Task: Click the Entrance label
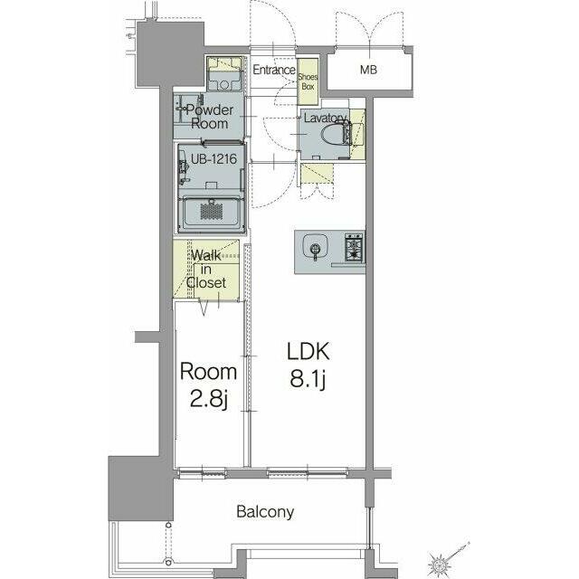coord(274,70)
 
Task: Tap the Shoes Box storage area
coord(308,81)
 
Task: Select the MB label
coord(368,69)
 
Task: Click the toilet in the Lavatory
coord(336,135)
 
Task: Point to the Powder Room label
coord(209,117)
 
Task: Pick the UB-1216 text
coord(214,159)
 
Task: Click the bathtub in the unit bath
coord(211,212)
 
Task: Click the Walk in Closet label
coord(206,269)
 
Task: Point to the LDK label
coord(308,351)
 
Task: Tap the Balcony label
coord(265,512)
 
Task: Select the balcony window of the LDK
coord(308,472)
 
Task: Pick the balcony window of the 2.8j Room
coord(203,472)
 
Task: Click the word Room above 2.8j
coord(208,372)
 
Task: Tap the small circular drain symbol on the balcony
coord(168,562)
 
